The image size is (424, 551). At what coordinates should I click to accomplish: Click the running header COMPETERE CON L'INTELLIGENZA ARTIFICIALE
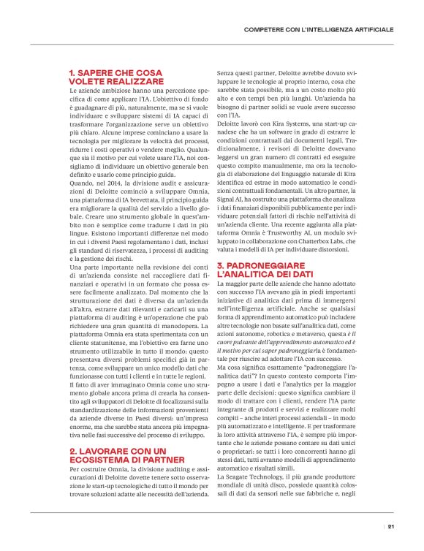[x=319, y=29]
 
